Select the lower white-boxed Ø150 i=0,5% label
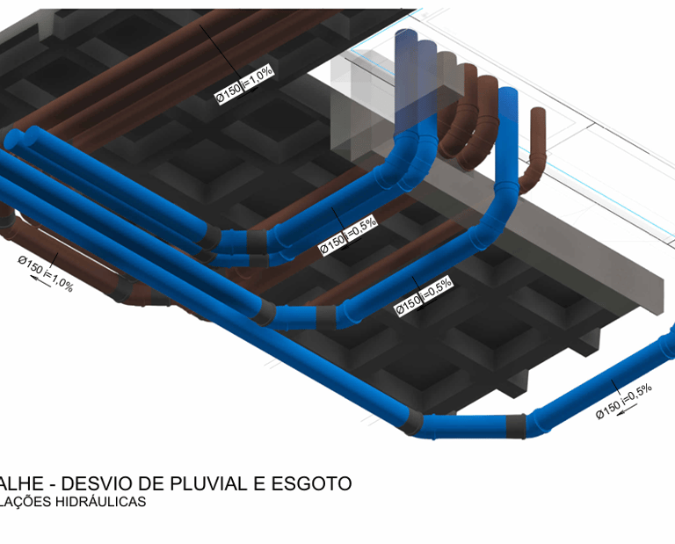click(423, 295)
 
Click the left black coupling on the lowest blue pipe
click(410, 421)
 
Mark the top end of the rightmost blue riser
click(507, 96)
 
